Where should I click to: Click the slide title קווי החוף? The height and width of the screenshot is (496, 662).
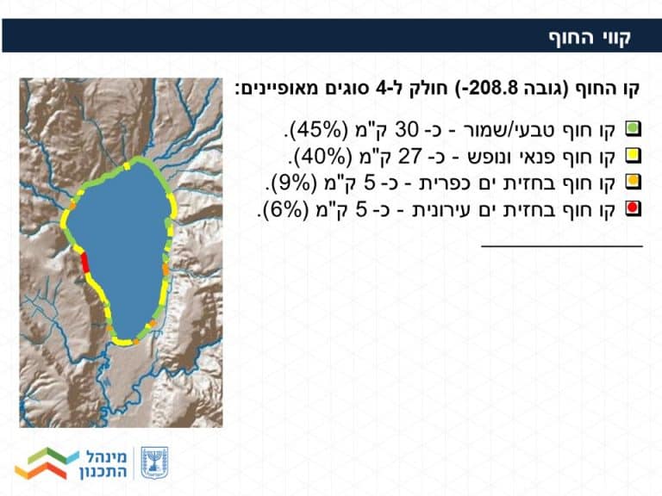point(590,37)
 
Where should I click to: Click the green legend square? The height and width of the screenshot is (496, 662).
point(633,129)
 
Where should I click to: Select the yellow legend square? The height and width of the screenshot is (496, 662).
point(633,156)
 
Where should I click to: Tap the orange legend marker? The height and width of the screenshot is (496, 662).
point(633,182)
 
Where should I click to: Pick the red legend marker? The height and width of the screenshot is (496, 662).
point(633,208)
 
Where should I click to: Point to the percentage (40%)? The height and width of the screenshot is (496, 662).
point(323,157)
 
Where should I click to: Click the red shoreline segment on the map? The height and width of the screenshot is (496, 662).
point(84,262)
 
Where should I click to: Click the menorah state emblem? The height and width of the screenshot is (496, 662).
point(154,463)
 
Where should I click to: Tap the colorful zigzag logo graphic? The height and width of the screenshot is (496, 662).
point(47,463)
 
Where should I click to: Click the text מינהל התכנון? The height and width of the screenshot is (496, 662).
point(103,464)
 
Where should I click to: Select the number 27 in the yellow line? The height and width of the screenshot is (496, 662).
point(410,157)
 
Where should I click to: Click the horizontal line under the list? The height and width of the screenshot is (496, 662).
point(562,245)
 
